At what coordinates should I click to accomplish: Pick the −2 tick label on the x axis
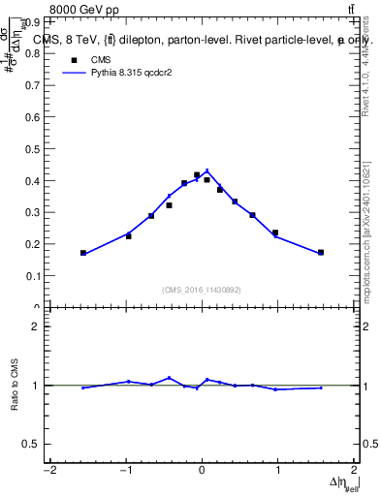49,471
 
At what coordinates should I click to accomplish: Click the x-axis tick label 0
202,471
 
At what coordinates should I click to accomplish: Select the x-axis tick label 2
354,471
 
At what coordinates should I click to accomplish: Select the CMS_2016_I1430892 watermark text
202,290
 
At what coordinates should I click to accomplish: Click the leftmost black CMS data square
83,253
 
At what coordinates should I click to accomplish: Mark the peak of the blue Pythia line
206,170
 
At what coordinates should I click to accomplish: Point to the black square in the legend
73,59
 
